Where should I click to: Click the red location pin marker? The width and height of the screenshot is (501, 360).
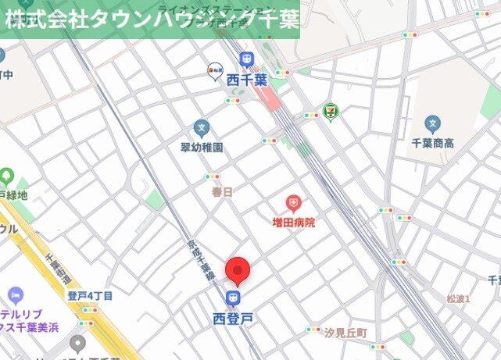pyautogui.click(x=238, y=271)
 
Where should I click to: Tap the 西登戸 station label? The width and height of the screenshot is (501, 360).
pyautogui.click(x=232, y=318)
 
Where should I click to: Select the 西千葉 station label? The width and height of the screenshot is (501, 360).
pyautogui.click(x=247, y=79)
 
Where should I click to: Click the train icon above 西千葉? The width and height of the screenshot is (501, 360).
pyautogui.click(x=247, y=59)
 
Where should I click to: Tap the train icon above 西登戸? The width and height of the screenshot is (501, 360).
pyautogui.click(x=232, y=298)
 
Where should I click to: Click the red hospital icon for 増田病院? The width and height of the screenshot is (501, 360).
pyautogui.click(x=293, y=205)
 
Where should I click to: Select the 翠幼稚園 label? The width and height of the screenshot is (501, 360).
pyautogui.click(x=202, y=147)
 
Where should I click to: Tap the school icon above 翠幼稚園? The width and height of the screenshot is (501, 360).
pyautogui.click(x=202, y=127)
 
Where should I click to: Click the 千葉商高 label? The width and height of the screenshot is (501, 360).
pyautogui.click(x=432, y=143)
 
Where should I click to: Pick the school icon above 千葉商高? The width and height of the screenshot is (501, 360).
pyautogui.click(x=432, y=123)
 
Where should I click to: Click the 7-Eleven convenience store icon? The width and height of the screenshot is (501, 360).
pyautogui.click(x=332, y=112)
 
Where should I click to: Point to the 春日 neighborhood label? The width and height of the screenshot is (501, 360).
pyautogui.click(x=223, y=191)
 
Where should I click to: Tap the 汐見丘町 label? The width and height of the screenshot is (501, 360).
pyautogui.click(x=345, y=332)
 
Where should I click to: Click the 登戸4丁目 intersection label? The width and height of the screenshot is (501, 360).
pyautogui.click(x=90, y=296)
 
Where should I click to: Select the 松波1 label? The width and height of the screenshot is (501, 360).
pyautogui.click(x=458, y=299)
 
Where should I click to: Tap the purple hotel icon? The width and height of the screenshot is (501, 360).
pyautogui.click(x=15, y=295)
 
